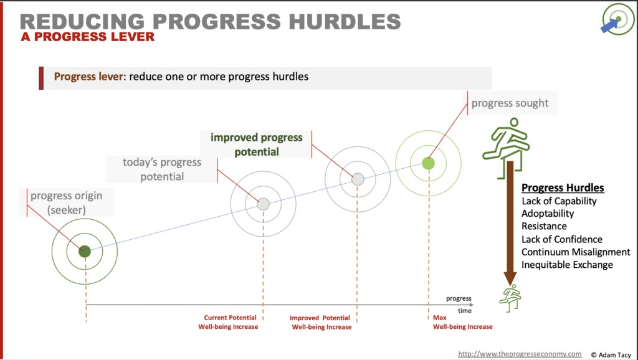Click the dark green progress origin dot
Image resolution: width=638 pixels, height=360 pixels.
pyautogui.click(x=85, y=252)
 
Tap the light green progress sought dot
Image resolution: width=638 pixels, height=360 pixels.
pyautogui.click(x=428, y=163)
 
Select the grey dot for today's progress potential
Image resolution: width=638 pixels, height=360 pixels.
pyautogui.click(x=264, y=204)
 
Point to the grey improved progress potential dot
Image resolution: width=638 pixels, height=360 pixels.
pyautogui.click(x=358, y=179)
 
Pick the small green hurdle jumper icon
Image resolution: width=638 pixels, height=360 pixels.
pyautogui.click(x=510, y=298)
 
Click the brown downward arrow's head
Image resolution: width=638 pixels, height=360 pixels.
pyautogui.click(x=510, y=278)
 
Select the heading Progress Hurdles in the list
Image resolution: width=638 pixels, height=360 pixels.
pyautogui.click(x=563, y=187)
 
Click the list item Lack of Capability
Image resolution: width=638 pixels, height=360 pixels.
pyautogui.click(x=559, y=201)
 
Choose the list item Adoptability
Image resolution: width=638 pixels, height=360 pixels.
pyautogui.click(x=548, y=214)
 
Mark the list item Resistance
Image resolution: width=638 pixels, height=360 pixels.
pyautogui.click(x=544, y=226)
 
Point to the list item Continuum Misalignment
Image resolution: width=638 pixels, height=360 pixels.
pyautogui.click(x=576, y=252)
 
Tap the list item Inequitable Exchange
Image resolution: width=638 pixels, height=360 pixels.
pyautogui.click(x=567, y=265)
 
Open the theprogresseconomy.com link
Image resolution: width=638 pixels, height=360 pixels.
pyautogui.click(x=520, y=354)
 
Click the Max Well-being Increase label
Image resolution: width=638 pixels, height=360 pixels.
pyautogui.click(x=463, y=322)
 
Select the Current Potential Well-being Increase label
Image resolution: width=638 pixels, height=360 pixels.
pyautogui.click(x=228, y=322)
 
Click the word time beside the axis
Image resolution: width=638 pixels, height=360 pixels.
pyautogui.click(x=465, y=311)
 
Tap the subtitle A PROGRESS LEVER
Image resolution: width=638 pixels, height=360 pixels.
pyautogui.click(x=88, y=37)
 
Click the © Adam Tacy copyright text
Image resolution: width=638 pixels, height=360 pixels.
pyautogui.click(x=611, y=355)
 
